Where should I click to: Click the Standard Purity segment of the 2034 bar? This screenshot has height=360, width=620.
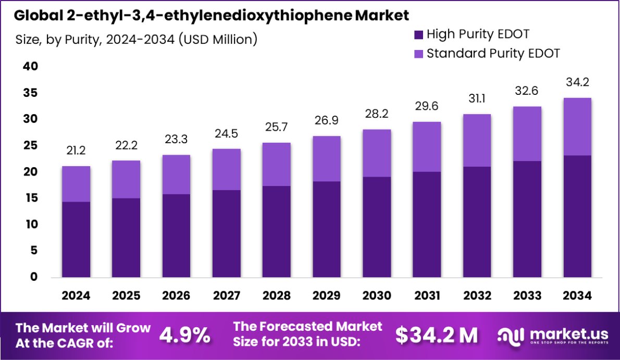(577, 127)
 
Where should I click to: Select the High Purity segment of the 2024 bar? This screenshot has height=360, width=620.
(76, 239)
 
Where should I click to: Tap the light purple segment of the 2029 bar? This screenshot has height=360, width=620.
(327, 159)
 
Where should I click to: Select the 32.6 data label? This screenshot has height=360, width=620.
(527, 91)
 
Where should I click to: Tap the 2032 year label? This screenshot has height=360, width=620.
(477, 295)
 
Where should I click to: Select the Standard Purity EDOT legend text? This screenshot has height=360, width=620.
(493, 53)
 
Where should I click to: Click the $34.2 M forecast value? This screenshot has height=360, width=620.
(436, 336)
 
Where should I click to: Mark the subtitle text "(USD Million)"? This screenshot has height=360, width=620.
(217, 39)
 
